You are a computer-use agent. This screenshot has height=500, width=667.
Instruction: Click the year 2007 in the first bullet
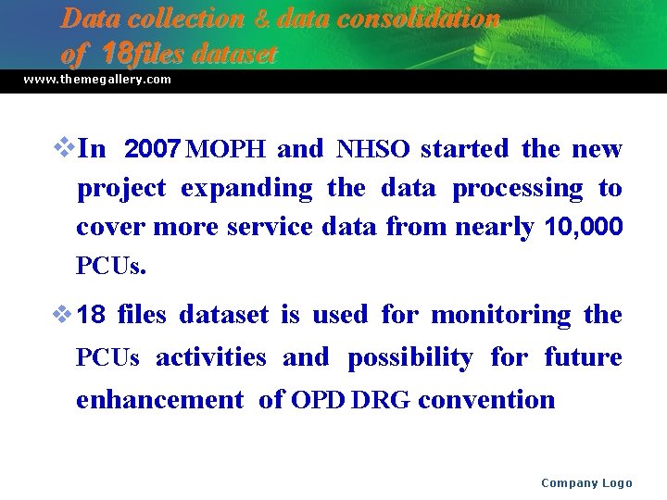[x=153, y=149]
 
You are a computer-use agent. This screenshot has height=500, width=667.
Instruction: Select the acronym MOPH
[x=226, y=149]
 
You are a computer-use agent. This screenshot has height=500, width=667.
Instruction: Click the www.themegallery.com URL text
[x=97, y=80]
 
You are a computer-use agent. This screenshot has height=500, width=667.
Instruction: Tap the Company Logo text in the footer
[x=586, y=482]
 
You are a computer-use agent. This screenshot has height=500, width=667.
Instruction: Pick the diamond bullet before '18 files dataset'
[x=63, y=315]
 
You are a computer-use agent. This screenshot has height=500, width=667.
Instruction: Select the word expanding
[x=246, y=188]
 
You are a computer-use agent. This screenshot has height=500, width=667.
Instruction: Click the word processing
[x=517, y=188]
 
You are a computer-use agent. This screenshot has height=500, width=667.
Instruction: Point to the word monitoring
[x=501, y=315]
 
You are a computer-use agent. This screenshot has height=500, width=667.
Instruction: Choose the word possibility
[x=409, y=357]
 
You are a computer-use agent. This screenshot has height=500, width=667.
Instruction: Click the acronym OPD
[x=320, y=400]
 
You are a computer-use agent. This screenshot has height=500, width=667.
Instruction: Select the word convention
[x=486, y=400]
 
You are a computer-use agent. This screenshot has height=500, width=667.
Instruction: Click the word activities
[x=210, y=357]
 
